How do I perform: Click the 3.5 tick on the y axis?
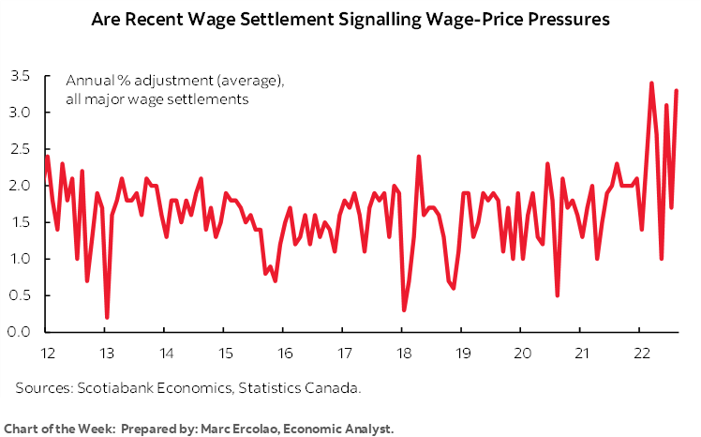(x=21, y=76)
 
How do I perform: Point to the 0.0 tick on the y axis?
(x=21, y=332)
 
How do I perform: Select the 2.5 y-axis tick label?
(x=21, y=149)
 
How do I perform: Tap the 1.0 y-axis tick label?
(x=21, y=259)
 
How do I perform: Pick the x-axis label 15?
(x=225, y=354)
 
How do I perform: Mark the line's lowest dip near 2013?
(x=107, y=317)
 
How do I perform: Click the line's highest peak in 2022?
(x=651, y=83)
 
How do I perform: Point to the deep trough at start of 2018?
(x=403, y=309)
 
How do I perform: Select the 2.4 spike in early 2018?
(x=418, y=157)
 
